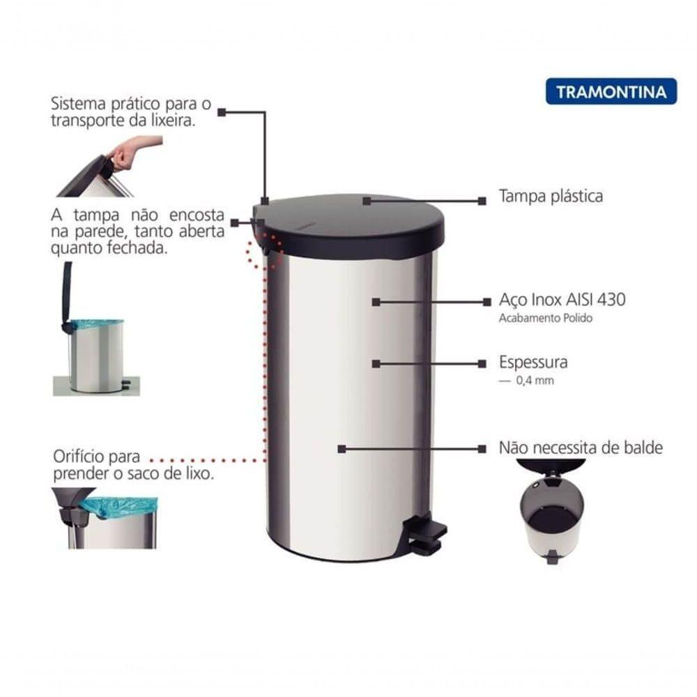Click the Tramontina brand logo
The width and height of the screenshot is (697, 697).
point(611,91)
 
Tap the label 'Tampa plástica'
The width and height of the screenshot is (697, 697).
point(551,196)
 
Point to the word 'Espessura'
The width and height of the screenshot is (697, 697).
point(533,362)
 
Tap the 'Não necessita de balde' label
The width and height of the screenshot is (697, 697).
point(581,447)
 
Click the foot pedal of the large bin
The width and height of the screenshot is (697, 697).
point(426,533)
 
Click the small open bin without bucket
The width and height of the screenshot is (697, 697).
point(553,516)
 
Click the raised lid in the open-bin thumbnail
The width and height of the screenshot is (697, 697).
point(68,293)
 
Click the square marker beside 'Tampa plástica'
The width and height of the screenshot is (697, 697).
point(482,201)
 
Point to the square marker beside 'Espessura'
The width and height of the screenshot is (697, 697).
point(482,363)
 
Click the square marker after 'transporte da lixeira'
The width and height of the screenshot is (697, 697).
point(222,112)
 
